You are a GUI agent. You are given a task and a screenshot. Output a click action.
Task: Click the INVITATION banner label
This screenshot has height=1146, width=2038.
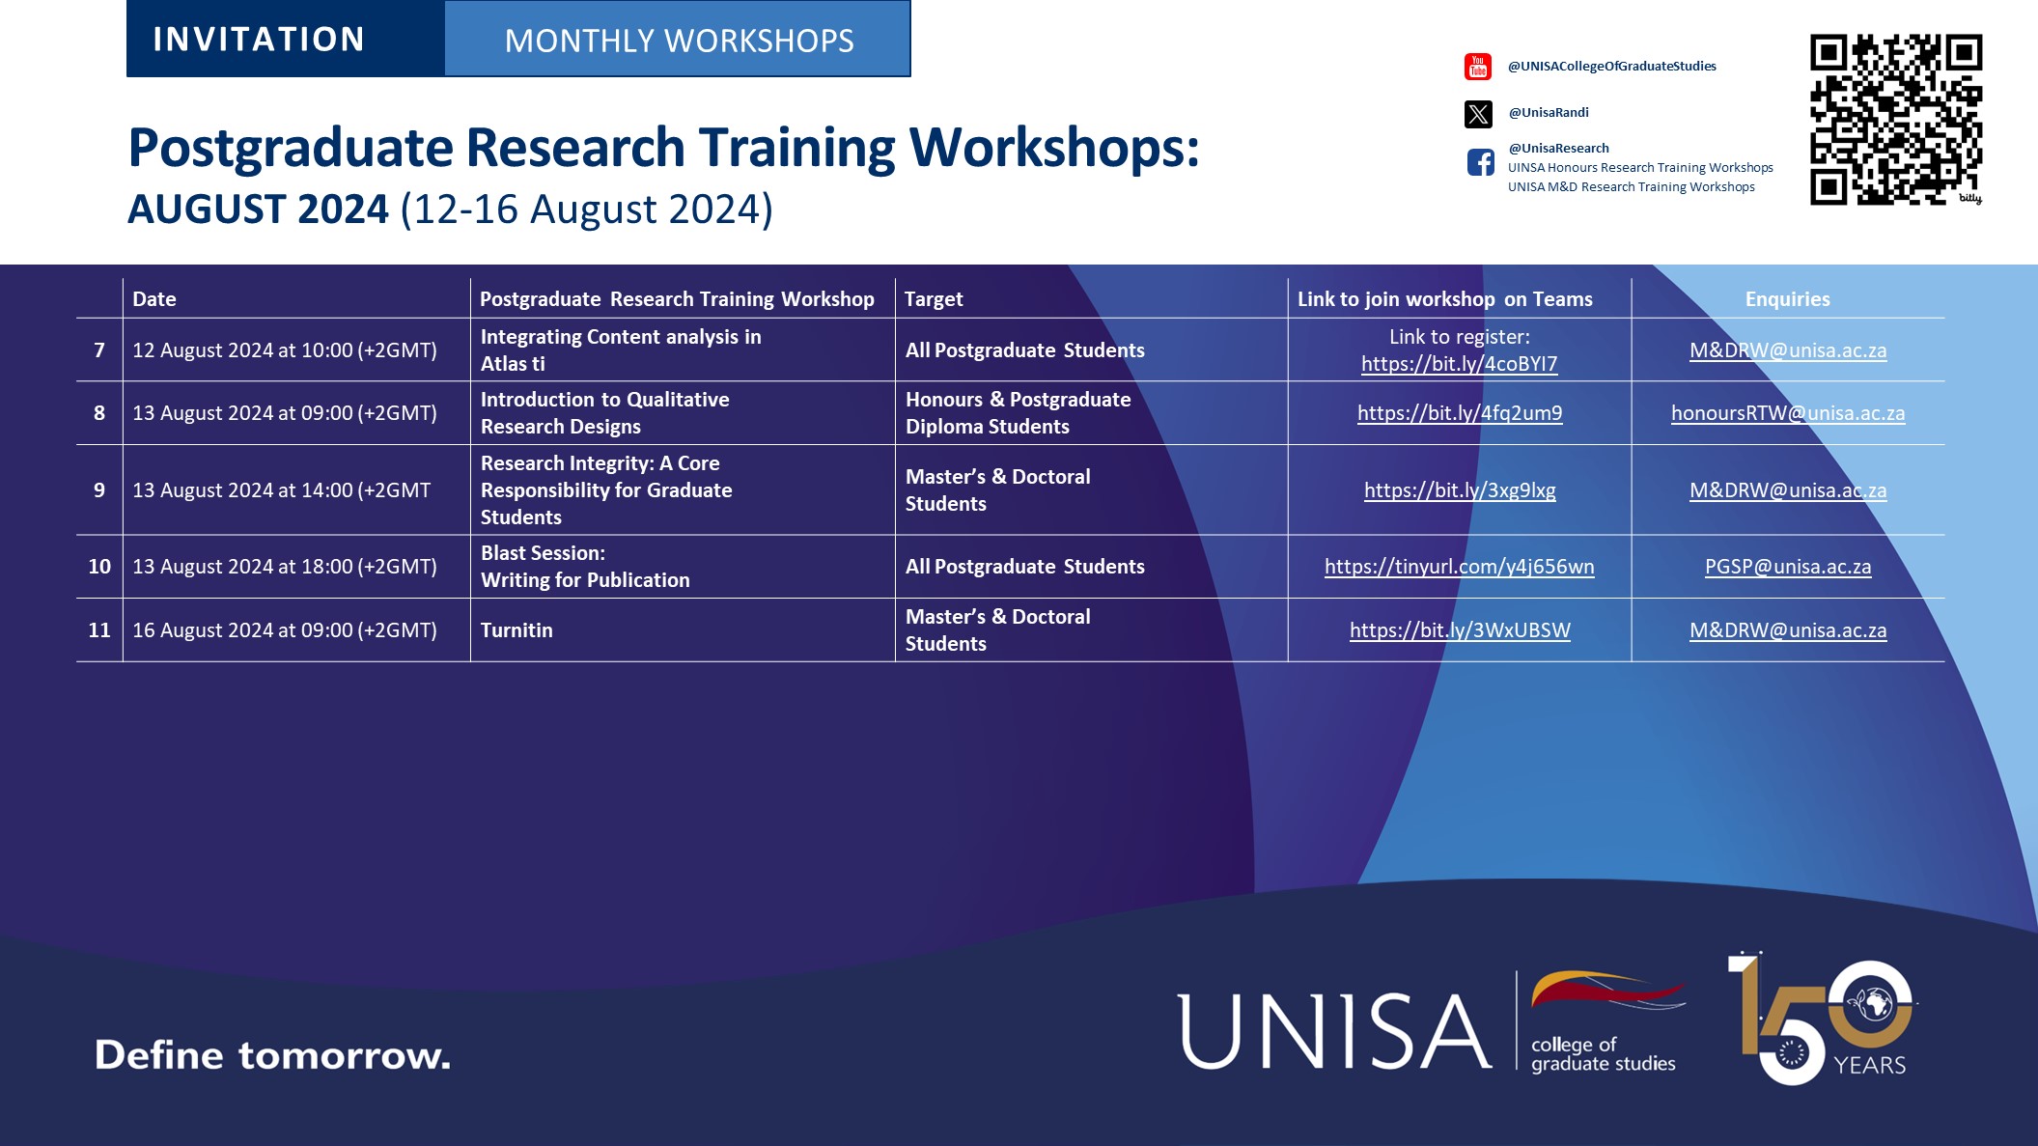(259, 40)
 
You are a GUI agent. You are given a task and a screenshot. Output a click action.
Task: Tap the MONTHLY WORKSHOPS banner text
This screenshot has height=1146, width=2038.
(679, 41)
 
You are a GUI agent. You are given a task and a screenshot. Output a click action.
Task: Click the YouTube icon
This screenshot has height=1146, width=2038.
(1478, 67)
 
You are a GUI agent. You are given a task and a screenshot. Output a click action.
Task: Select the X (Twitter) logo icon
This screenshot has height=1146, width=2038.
(1478, 114)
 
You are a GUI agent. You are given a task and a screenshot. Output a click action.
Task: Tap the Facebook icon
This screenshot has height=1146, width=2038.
(1480, 162)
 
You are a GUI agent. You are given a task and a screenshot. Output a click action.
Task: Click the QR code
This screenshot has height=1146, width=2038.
(1895, 120)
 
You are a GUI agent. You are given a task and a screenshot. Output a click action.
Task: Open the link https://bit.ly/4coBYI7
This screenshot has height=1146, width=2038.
(1459, 364)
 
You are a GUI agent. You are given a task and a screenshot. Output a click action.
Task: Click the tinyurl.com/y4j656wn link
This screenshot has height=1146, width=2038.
(1459, 567)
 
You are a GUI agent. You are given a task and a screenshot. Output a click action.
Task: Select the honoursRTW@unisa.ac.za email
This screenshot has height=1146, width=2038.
(1787, 413)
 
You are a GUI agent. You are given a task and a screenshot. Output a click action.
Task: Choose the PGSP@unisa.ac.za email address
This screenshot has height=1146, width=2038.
(1787, 567)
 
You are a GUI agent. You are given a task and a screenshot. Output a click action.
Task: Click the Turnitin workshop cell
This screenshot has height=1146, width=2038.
(516, 630)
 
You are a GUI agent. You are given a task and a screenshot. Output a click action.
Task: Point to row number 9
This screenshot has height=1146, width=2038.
(99, 490)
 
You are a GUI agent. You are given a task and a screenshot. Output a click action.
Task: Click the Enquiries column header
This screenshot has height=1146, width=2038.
(1787, 299)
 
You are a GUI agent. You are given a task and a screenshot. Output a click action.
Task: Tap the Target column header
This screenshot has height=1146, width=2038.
(934, 299)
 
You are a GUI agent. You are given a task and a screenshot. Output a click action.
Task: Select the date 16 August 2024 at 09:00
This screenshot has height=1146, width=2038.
(284, 630)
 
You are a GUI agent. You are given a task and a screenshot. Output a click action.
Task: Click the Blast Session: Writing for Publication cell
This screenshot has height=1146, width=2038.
(585, 567)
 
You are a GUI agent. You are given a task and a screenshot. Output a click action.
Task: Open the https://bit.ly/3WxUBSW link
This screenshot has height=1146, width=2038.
(1459, 630)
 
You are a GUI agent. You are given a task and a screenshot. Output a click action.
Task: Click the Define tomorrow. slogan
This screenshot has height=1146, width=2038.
(272, 1055)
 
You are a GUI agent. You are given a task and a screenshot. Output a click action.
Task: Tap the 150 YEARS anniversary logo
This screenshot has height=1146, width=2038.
(1820, 1019)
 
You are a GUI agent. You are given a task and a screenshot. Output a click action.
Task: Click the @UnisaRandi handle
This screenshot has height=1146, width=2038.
(1548, 113)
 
